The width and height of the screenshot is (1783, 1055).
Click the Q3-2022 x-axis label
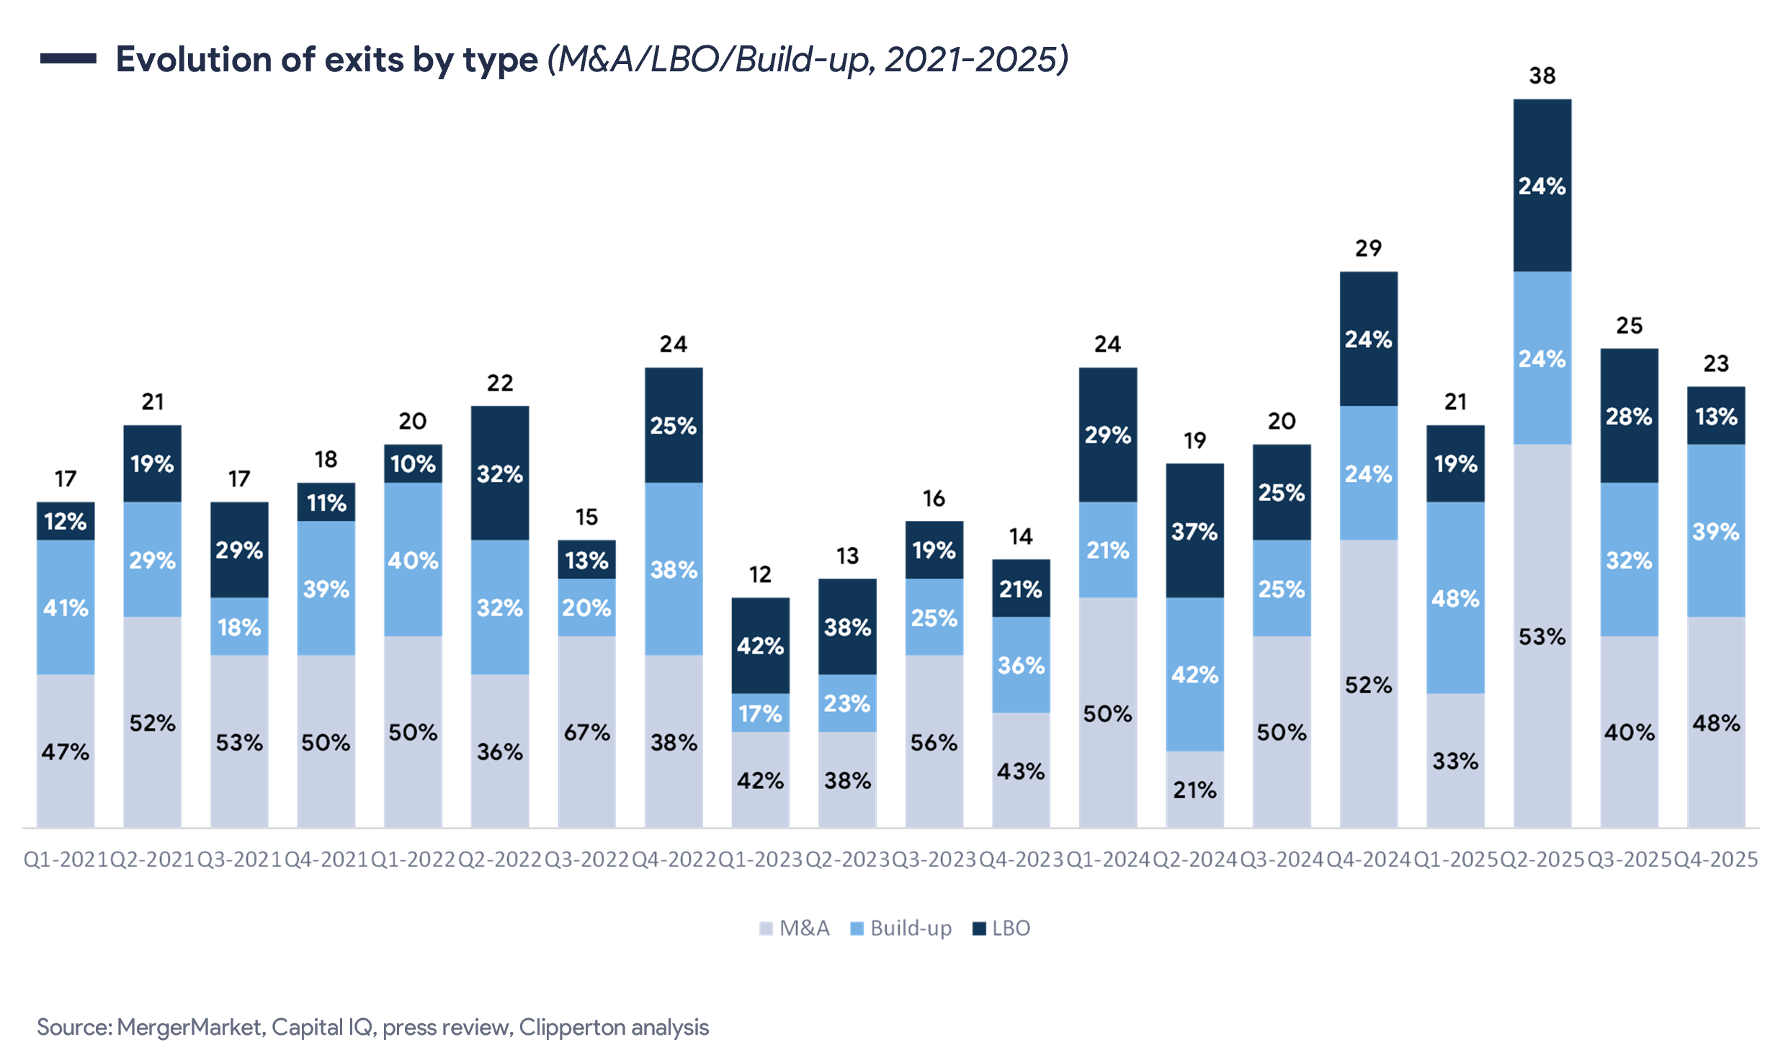[586, 859]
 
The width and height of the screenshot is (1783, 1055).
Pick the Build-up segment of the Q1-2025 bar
[1455, 597]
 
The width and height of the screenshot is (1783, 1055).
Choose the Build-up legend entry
[901, 928]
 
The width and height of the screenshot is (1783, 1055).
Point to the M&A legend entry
[795, 928]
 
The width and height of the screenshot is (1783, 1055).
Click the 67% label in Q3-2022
[586, 732]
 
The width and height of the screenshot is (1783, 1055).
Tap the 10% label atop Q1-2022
[413, 463]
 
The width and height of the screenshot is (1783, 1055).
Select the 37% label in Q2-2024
[1194, 532]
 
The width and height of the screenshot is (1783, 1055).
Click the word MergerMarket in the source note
[189, 1027]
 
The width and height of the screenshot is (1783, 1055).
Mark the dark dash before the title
[68, 59]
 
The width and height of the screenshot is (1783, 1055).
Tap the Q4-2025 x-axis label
[1715, 859]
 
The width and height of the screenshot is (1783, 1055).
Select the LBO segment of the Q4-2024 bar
[1369, 338]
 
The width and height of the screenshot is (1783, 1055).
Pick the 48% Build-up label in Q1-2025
[1455, 598]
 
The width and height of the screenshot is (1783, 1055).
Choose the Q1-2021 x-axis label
[65, 859]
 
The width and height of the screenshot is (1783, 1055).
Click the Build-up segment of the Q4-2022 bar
[674, 569]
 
